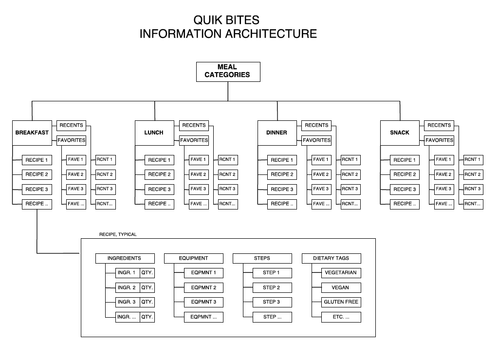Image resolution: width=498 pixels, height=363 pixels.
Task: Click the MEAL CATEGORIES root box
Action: pyautogui.click(x=227, y=72)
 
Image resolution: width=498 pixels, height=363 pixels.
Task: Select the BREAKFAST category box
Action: pyautogui.click(x=32, y=133)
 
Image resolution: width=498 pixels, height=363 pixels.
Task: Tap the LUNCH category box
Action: pyautogui.click(x=154, y=133)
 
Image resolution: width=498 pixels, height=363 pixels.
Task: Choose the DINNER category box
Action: pyautogui.click(x=277, y=133)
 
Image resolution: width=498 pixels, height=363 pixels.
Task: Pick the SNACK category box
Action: pyautogui.click(x=399, y=133)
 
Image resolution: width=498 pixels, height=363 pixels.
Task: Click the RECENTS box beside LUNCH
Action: pyautogui.click(x=194, y=125)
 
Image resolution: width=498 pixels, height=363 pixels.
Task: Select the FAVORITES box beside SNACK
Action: pyautogui.click(x=439, y=140)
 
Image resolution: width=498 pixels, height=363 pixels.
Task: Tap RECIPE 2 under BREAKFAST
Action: pyautogui.click(x=37, y=174)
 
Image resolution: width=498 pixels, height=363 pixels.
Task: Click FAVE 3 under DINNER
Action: pyautogui.click(x=321, y=189)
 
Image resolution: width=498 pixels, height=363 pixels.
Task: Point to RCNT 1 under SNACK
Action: pyautogui.click(x=472, y=159)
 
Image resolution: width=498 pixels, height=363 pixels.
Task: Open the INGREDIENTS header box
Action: pyautogui.click(x=124, y=258)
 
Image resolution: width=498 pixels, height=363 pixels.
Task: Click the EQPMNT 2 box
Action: pyautogui.click(x=203, y=287)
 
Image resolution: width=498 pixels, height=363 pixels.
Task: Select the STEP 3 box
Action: pyautogui.click(x=272, y=302)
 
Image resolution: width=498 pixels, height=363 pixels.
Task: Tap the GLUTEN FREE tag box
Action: pyautogui.click(x=341, y=302)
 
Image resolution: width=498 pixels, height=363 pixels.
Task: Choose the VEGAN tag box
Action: pyautogui.click(x=341, y=287)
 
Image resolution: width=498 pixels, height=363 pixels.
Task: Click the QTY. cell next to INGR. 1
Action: pyautogui.click(x=147, y=273)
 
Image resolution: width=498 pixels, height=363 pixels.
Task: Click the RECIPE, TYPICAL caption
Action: pyautogui.click(x=118, y=234)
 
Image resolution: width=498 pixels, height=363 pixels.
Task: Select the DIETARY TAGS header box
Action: pyautogui.click(x=331, y=258)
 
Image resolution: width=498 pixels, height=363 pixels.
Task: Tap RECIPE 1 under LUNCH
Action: pyautogui.click(x=159, y=160)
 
